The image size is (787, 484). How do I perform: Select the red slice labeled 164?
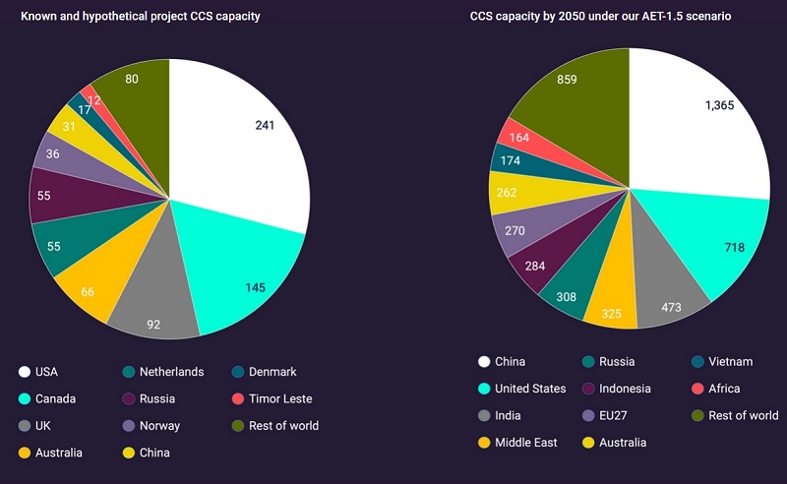click(518, 138)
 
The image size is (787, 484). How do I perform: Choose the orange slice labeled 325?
click(611, 313)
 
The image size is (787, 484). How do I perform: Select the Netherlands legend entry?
click(168, 372)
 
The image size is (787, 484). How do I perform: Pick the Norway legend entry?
click(159, 426)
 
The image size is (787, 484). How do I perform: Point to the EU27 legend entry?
click(622, 415)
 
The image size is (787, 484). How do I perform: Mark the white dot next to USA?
click(23, 372)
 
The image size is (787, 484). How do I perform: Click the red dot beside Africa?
click(697, 389)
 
